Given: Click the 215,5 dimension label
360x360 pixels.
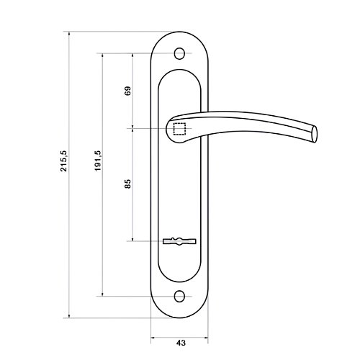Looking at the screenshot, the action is [x=64, y=161].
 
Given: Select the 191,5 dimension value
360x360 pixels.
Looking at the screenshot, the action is [x=98, y=161].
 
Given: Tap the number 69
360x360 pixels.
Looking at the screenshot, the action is [x=128, y=91].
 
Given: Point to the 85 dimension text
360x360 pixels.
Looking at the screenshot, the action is [x=128, y=184].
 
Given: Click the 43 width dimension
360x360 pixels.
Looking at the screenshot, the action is [x=181, y=343].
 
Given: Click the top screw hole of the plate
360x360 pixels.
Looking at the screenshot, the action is [x=179, y=53].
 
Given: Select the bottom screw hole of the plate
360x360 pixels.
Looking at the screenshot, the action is [x=179, y=296].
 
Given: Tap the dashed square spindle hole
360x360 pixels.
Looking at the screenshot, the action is [x=179, y=129].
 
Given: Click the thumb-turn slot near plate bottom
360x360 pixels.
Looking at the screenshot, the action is [x=179, y=241].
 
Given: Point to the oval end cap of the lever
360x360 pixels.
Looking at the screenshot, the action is [x=315, y=134].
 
